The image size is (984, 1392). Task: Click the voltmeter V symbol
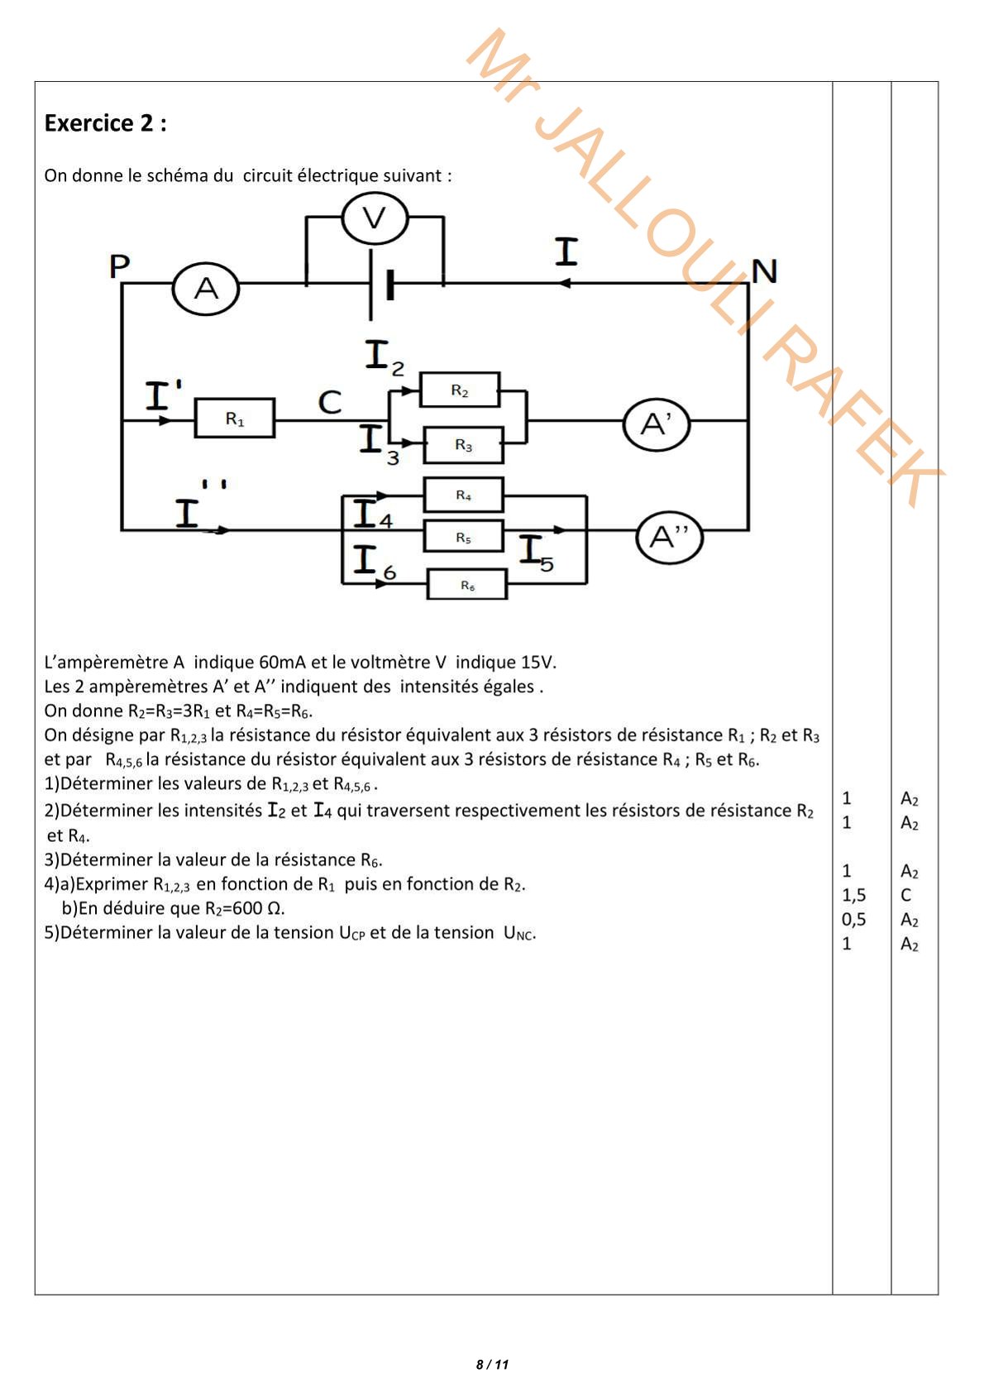375,218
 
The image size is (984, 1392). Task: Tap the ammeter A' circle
657,424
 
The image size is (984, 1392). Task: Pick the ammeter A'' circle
669,538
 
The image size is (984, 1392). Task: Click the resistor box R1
235,419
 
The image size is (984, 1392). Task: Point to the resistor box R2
460,390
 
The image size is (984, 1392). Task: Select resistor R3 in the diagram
463,445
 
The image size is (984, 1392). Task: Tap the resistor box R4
463,495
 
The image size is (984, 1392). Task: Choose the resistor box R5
463,537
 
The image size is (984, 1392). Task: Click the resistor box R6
467,585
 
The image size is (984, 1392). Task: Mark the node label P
120,267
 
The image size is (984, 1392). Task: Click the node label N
764,271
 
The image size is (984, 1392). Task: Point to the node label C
330,403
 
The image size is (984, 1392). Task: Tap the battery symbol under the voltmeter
380,285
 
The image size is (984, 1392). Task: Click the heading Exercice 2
105,123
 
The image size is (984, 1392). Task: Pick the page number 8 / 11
492,1365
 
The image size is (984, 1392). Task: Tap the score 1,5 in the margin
853,895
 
